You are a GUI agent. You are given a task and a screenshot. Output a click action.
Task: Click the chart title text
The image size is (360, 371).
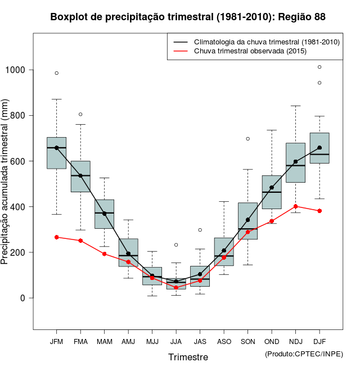click(188, 17)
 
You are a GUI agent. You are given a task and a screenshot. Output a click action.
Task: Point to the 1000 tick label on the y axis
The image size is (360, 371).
click(16, 70)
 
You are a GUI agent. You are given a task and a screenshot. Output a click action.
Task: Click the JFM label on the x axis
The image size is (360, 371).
click(56, 342)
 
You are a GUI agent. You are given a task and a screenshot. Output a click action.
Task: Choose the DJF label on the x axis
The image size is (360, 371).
click(319, 342)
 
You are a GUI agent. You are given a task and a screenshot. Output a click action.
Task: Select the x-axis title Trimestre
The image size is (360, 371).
click(188, 357)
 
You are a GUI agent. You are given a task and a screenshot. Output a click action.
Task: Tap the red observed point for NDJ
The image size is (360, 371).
click(295, 206)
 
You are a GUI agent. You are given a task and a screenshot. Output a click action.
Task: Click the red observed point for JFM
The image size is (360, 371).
click(56, 237)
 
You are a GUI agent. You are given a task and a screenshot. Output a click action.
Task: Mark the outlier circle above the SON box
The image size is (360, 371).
click(247, 139)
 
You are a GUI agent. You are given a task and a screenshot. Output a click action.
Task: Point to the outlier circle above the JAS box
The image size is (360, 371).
click(200, 230)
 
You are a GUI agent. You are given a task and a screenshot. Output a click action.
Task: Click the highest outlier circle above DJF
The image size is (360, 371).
click(319, 67)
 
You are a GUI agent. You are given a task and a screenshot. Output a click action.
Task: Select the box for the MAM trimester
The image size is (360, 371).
click(104, 214)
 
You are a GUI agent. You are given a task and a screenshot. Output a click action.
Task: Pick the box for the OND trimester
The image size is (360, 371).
click(272, 192)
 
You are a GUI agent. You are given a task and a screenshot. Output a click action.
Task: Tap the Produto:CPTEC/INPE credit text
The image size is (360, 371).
click(304, 354)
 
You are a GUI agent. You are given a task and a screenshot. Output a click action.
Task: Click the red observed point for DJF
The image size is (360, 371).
click(319, 211)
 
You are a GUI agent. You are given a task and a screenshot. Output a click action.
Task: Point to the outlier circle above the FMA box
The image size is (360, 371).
click(80, 115)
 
